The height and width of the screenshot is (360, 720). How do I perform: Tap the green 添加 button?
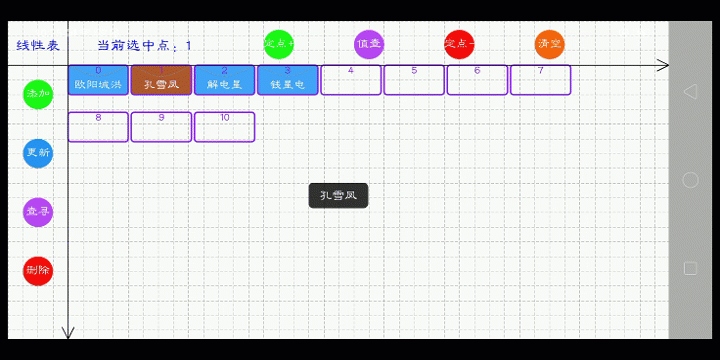pos(38,94)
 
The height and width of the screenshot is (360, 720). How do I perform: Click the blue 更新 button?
pos(38,153)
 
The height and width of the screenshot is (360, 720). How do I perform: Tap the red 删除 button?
pos(38,270)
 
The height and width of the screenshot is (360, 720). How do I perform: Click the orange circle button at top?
pos(549,44)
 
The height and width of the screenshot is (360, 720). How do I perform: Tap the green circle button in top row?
pos(279,44)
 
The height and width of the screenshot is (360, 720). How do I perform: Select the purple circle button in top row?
pos(369,44)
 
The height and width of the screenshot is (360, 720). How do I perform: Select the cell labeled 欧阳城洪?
pos(98,80)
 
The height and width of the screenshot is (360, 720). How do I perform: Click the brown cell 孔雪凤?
pos(161,80)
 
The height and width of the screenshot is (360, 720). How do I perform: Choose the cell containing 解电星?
pos(224,80)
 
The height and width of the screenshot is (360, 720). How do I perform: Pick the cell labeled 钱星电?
pos(288,80)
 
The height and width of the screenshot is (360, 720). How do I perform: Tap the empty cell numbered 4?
pos(351,80)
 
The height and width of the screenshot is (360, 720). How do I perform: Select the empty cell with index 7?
pos(540,80)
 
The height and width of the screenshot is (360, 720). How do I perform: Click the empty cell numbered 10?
pos(224,127)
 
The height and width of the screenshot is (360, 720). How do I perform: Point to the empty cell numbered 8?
pos(98,127)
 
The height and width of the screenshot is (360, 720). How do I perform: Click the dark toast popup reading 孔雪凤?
pos(338,196)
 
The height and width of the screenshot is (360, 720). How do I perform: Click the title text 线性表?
pos(38,46)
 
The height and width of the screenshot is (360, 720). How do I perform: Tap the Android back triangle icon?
pos(689,92)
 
